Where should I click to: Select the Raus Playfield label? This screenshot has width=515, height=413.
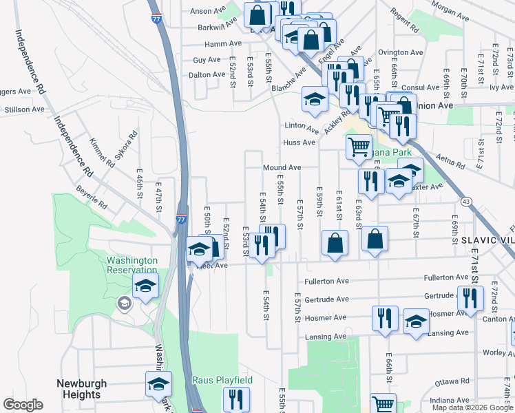222,380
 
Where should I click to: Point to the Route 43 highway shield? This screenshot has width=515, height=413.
466,201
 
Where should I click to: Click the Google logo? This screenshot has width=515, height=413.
23,405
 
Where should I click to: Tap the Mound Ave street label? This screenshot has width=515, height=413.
281,167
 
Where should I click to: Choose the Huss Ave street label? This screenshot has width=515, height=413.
298,143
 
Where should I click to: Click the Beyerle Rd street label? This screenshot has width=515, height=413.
92,197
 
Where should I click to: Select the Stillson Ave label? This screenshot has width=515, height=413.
24,109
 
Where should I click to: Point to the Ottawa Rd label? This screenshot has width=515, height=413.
452,379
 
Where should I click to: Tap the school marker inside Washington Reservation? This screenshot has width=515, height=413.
146,286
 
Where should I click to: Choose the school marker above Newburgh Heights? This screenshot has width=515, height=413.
158,384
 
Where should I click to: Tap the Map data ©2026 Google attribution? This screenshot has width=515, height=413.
472,407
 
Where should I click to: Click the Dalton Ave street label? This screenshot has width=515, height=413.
207,74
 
